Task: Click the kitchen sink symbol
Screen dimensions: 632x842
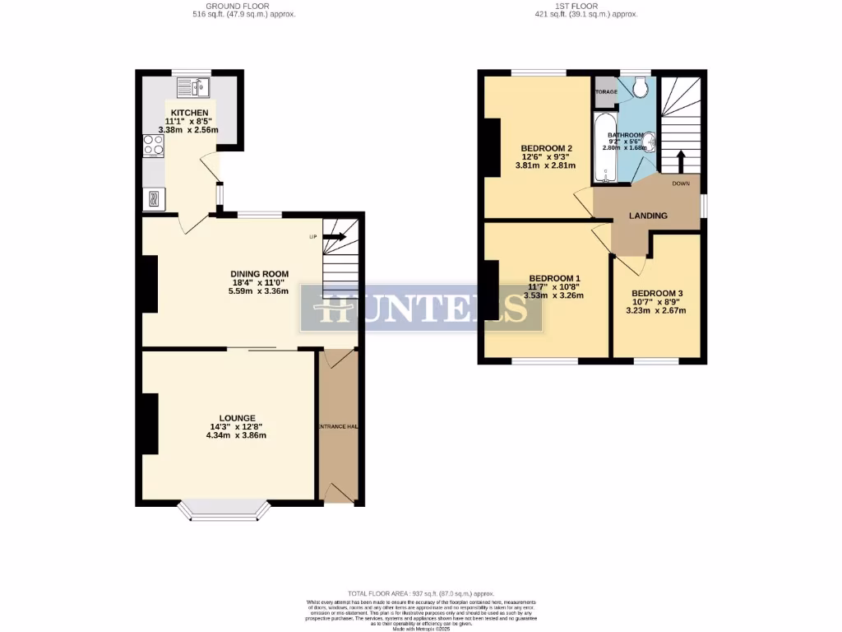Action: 193,86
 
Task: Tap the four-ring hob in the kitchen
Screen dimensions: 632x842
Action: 153,145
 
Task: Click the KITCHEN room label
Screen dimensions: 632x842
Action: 190,112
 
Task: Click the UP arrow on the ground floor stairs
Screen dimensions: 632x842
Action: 334,237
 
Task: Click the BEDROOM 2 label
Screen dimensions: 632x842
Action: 546,148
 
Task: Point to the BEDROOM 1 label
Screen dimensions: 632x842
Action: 554,278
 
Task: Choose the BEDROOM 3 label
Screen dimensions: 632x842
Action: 656,293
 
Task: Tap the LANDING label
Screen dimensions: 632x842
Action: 648,216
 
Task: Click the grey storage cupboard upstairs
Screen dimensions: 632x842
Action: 605,92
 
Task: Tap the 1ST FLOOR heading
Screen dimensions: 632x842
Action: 585,6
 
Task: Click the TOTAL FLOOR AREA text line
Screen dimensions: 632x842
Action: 420,593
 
